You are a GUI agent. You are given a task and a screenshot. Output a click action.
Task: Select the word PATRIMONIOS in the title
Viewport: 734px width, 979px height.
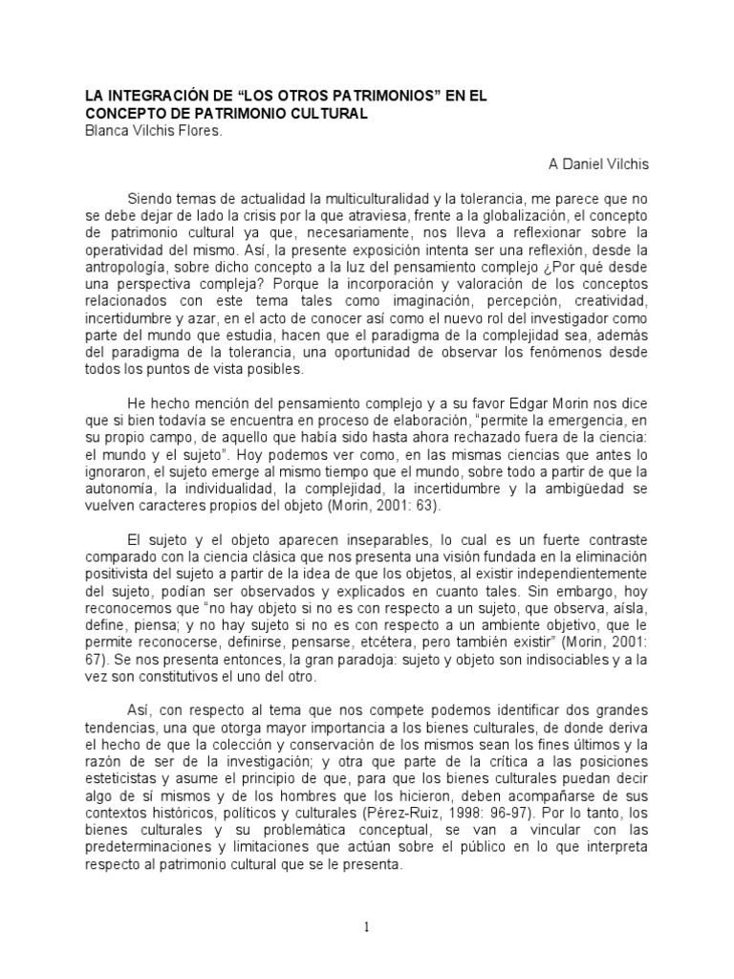tap(372, 97)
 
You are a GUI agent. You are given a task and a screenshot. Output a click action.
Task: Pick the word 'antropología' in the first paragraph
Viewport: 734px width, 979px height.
tap(126, 284)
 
